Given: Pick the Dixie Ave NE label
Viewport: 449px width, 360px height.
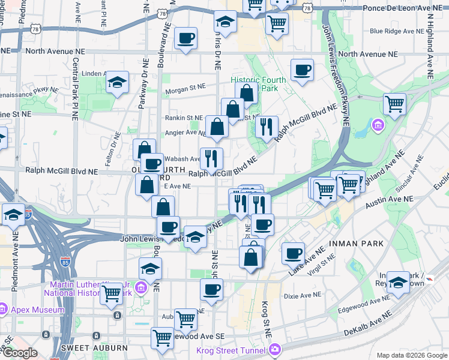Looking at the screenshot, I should (299, 295).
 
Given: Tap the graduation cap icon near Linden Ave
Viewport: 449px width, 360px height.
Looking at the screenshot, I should (117, 83).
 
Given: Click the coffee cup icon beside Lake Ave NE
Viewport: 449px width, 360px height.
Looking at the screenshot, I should (293, 253).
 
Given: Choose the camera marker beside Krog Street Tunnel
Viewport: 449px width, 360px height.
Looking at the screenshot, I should (274, 349).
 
